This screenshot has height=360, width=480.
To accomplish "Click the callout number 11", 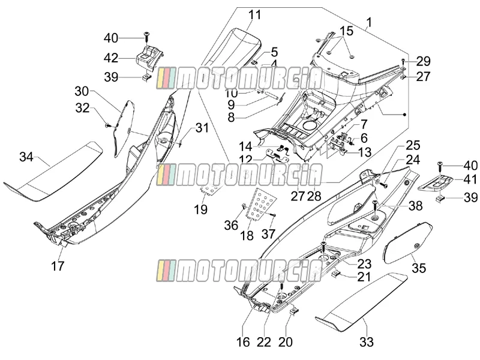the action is tap(254, 14).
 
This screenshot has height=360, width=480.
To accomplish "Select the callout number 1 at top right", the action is tap(369, 22).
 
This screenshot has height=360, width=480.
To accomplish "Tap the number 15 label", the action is tap(346, 31).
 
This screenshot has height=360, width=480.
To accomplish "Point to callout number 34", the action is tap(26, 157).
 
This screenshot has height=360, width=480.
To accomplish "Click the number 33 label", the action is tap(367, 341).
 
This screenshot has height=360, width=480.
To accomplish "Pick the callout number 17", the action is tap(58, 266).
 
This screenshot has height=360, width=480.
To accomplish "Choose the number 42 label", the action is tap(111, 58).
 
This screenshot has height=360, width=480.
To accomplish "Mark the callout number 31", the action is tap(202, 128).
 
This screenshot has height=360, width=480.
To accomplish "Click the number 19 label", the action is tap(201, 209).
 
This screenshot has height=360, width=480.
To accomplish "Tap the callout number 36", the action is tap(231, 226).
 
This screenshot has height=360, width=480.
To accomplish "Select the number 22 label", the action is tap(264, 342).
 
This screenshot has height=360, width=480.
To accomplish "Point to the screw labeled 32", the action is tap(108, 125).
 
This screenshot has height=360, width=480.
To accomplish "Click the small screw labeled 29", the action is tap(403, 61).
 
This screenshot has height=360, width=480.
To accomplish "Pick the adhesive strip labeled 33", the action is tap(362, 302).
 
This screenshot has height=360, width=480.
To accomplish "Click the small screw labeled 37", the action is tap(273, 215).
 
